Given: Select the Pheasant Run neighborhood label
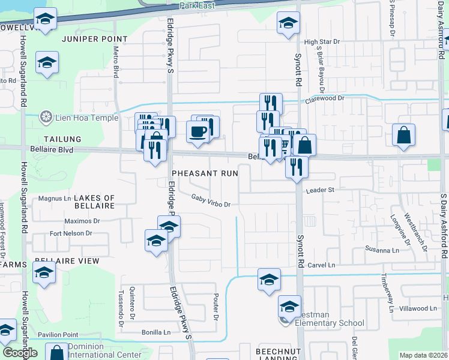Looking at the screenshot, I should click(205, 173).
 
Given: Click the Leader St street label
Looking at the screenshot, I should click(319, 190).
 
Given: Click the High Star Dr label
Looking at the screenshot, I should click(322, 42).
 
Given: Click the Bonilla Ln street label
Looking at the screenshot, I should click(156, 332).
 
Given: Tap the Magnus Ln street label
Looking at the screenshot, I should click(55, 198).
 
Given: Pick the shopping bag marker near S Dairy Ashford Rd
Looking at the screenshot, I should click(404, 135).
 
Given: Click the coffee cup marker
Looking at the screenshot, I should click(197, 132).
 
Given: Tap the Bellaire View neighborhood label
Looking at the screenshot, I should click(67, 261).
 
